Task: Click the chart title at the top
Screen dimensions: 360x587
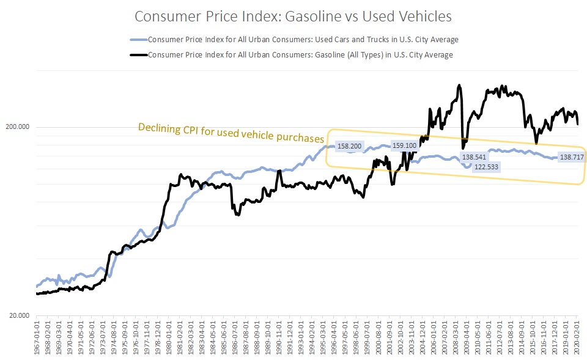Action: coord(293,17)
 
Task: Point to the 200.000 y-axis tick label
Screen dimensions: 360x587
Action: coord(18,127)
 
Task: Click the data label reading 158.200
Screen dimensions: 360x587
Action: coord(350,147)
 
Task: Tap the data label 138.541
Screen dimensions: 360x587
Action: coord(476,157)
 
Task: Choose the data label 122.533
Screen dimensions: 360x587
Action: coord(485,167)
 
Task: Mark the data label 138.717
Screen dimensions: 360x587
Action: coord(572,157)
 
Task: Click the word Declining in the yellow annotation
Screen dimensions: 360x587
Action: coord(158,128)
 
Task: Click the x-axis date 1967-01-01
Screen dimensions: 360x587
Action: coord(38,339)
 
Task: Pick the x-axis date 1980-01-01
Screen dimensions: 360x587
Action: coord(169,339)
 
